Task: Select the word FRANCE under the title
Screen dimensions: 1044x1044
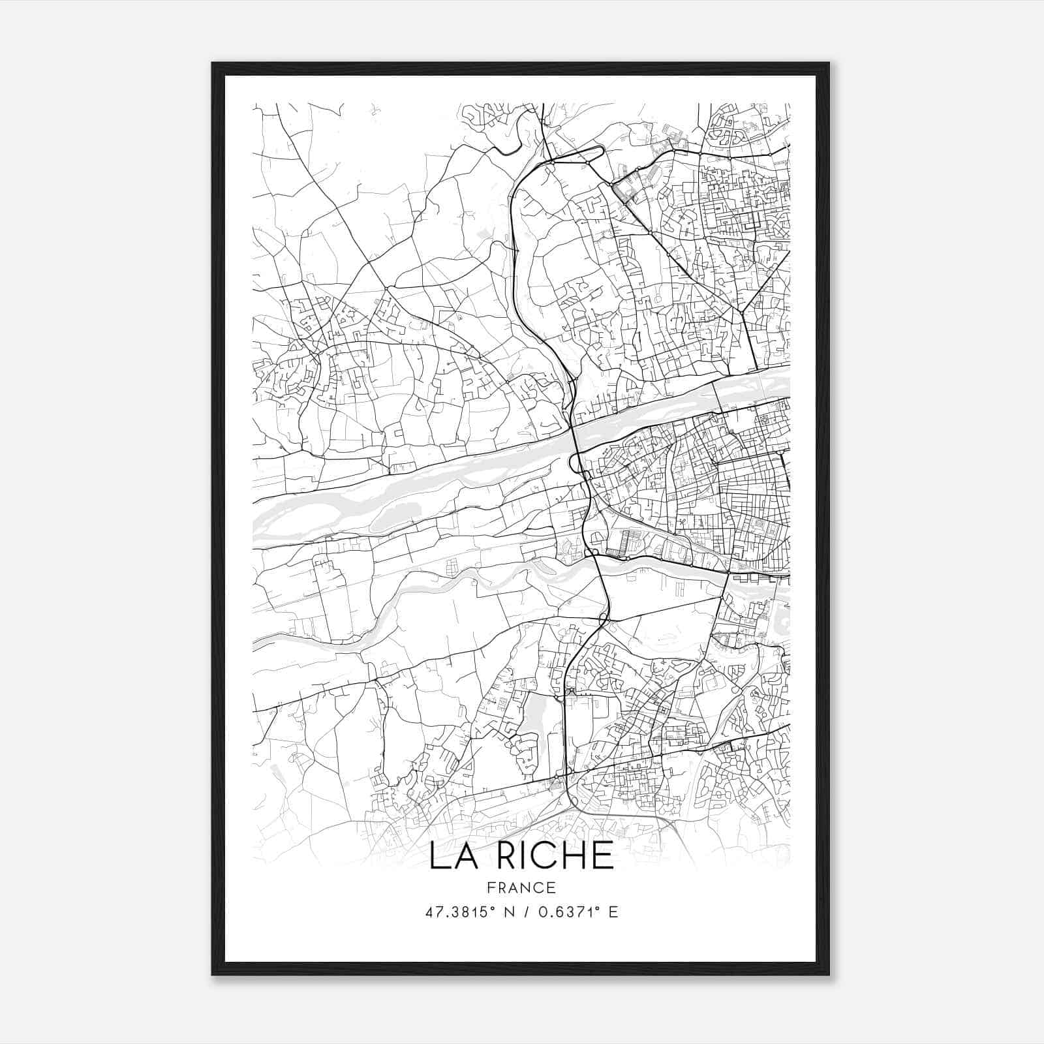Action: pyautogui.click(x=521, y=887)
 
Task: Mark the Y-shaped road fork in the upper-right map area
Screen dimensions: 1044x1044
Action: pyautogui.click(x=743, y=312)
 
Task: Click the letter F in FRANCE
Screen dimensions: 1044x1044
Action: pyautogui.click(x=491, y=887)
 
